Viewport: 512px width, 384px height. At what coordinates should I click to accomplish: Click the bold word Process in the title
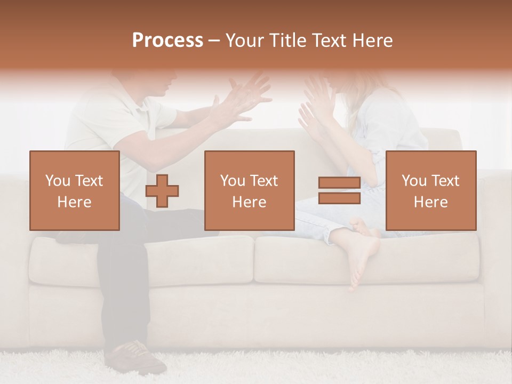click(x=167, y=40)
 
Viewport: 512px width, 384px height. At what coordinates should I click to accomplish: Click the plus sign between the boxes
click(x=162, y=191)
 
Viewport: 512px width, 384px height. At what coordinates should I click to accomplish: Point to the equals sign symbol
click(x=339, y=190)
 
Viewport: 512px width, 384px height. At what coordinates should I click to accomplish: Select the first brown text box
click(x=75, y=191)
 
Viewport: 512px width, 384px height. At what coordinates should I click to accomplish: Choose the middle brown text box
click(x=249, y=191)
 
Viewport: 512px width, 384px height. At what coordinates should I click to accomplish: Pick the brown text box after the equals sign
click(x=430, y=191)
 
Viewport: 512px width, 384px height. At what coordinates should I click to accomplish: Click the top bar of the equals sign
click(x=339, y=183)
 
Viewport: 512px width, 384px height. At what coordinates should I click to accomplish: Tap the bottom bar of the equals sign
click(x=339, y=198)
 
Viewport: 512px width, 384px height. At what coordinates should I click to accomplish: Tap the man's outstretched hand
click(x=245, y=99)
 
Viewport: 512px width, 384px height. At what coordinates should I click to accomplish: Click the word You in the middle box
click(x=232, y=181)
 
